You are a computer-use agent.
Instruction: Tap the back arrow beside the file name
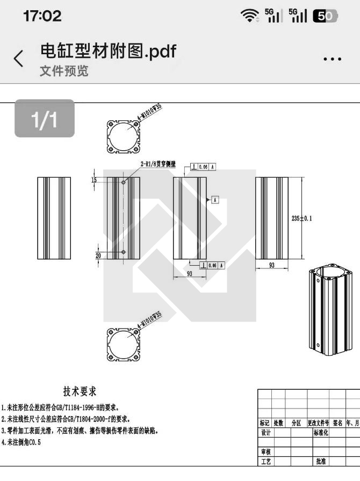coord(19,59)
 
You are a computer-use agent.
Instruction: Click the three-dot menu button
coord(333,59)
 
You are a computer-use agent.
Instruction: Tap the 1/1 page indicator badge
coord(44,119)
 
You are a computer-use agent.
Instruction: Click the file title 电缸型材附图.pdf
coord(108,51)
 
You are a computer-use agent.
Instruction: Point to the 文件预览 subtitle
coord(64,71)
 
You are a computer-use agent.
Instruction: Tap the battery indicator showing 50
coord(325,17)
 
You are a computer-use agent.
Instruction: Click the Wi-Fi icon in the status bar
coord(250,17)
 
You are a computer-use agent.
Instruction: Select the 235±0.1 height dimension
coord(301,218)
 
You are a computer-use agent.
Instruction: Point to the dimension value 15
coord(94,180)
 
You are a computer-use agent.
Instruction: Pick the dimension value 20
coord(98,256)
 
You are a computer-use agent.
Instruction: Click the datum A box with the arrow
coord(215,199)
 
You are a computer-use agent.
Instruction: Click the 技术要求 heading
coord(80,391)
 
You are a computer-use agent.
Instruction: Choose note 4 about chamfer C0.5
coord(21,442)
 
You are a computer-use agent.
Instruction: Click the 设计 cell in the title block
coord(265,433)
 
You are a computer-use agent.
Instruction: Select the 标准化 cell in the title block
coord(321,433)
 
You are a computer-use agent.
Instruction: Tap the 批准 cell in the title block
coord(321,461)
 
